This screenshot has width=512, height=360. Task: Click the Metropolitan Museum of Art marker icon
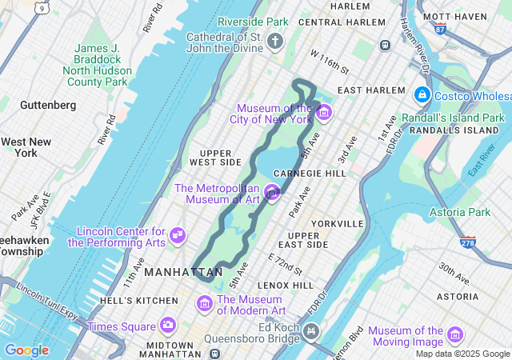(272, 193)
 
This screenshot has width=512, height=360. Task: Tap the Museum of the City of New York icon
(323, 113)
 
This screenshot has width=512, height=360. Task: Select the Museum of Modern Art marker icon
(205, 304)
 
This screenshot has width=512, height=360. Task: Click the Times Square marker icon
(167, 325)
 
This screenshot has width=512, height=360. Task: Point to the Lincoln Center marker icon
(178, 236)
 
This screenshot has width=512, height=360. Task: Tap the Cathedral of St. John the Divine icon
(276, 42)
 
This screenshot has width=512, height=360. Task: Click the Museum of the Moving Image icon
(455, 334)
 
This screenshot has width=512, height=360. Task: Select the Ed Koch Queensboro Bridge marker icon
(311, 330)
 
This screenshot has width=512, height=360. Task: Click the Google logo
(26, 350)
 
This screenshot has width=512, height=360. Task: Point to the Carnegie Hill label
(309, 173)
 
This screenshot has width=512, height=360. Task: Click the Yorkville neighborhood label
(338, 223)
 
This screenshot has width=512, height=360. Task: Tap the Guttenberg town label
(48, 105)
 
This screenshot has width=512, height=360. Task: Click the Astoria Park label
(460, 212)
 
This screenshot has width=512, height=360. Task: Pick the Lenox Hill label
(285, 285)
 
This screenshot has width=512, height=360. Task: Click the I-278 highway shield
(468, 241)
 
